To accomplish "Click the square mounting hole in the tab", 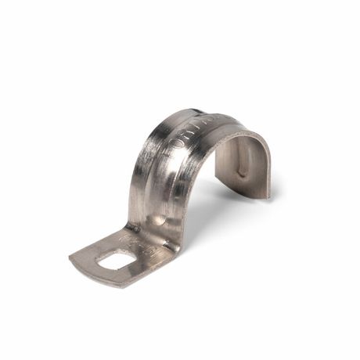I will [x=117, y=257].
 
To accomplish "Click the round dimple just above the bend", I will [x=160, y=221].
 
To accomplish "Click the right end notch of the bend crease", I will [x=179, y=249].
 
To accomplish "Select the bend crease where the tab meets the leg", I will [x=153, y=238].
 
